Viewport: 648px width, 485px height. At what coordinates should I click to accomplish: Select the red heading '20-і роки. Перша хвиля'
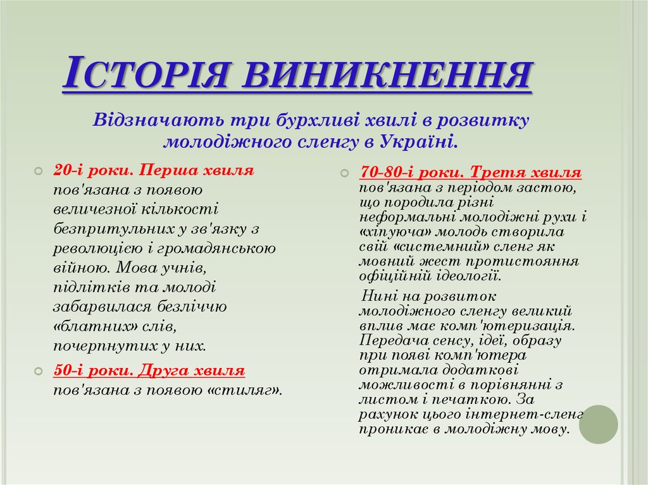(x=154, y=170)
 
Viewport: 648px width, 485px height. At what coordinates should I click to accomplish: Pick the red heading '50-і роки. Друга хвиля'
(x=149, y=371)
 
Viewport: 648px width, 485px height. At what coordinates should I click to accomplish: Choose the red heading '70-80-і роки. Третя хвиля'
(x=470, y=172)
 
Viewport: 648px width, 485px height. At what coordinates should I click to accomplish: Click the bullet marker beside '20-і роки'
(x=39, y=171)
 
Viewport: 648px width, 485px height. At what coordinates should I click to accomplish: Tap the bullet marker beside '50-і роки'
(x=39, y=372)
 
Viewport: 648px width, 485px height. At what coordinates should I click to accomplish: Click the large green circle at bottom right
(x=598, y=424)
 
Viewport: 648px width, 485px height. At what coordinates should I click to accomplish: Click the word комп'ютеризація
(x=519, y=326)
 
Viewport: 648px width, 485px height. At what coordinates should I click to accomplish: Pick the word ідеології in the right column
(x=464, y=276)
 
